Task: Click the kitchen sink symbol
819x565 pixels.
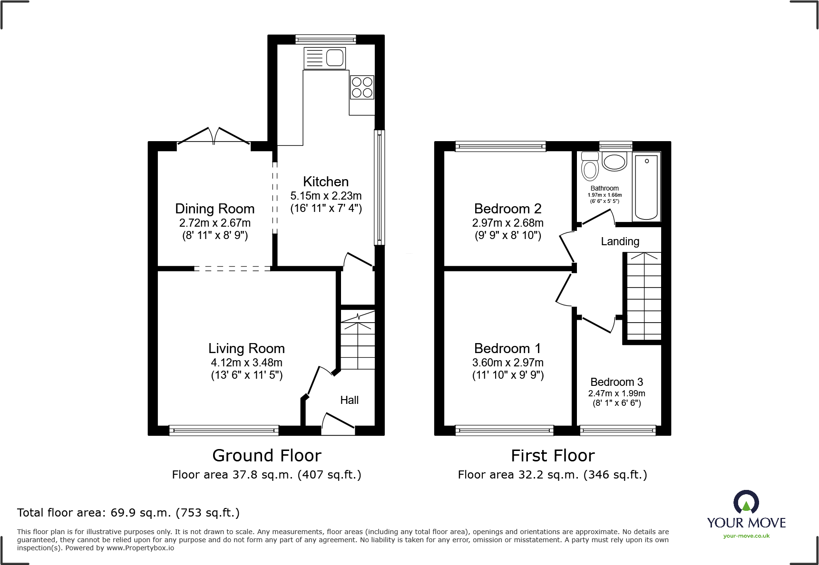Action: coord(325,58)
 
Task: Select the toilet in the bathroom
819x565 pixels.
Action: coord(590,166)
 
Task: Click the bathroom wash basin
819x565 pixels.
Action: coord(614,162)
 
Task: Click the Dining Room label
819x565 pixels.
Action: coord(214,209)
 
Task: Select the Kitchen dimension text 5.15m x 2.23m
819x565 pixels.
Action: coord(326,196)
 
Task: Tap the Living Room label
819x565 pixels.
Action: coord(246,348)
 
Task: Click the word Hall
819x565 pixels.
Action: coord(349,400)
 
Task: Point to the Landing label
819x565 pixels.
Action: coord(620,241)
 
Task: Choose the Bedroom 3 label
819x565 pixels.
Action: coord(616,382)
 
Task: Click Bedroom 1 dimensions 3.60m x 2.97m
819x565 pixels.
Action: coord(507,363)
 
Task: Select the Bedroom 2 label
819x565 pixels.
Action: coord(507,209)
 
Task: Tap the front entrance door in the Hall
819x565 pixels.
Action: coord(338,424)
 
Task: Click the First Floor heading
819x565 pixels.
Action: coord(553,456)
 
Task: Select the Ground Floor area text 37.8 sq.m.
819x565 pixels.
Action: coord(266,475)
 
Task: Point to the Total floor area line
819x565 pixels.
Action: coord(128,513)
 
